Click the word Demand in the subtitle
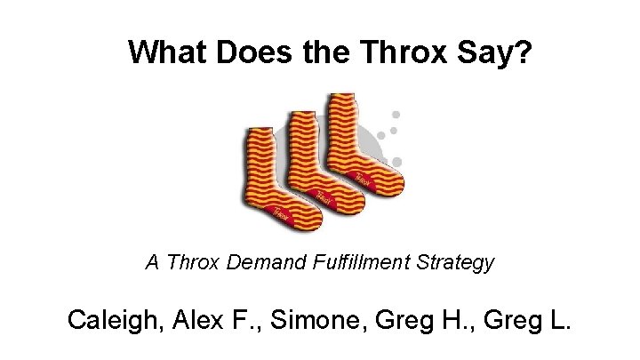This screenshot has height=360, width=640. (249, 263)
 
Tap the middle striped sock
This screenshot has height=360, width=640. (307, 160)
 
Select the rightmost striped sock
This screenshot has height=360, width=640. (351, 142)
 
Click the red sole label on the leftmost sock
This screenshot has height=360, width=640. (280, 212)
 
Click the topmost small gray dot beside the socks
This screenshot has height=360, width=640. (396, 115)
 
